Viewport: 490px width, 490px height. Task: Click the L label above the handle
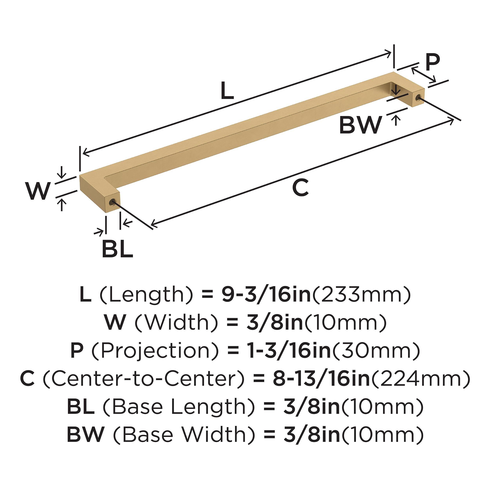(227, 91)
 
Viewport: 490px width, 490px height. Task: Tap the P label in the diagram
(432, 62)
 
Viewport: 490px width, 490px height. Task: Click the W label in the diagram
(38, 191)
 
